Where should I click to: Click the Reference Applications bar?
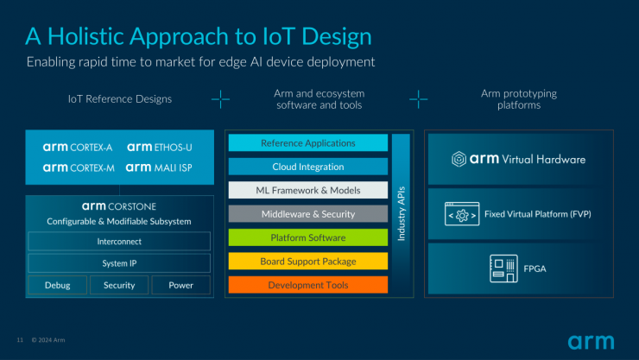point(308,143)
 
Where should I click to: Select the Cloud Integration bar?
point(308,167)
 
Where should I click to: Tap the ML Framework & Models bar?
point(308,190)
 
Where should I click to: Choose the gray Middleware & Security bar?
point(308,214)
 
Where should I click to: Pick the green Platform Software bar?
point(308,237)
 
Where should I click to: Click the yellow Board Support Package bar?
point(308,261)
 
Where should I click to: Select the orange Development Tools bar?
point(308,285)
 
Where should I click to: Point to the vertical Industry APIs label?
point(402,213)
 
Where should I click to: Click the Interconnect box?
point(119,242)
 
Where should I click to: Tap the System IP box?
point(119,263)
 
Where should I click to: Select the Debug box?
point(58,285)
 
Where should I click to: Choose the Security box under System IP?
point(119,285)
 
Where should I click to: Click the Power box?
point(181,285)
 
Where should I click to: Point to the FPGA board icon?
point(503,268)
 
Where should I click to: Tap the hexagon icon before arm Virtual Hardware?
point(459,159)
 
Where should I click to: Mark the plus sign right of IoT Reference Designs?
point(220,99)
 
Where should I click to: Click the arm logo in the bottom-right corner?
point(591,342)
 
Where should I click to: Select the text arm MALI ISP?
point(159,167)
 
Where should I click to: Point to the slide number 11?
point(20,340)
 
